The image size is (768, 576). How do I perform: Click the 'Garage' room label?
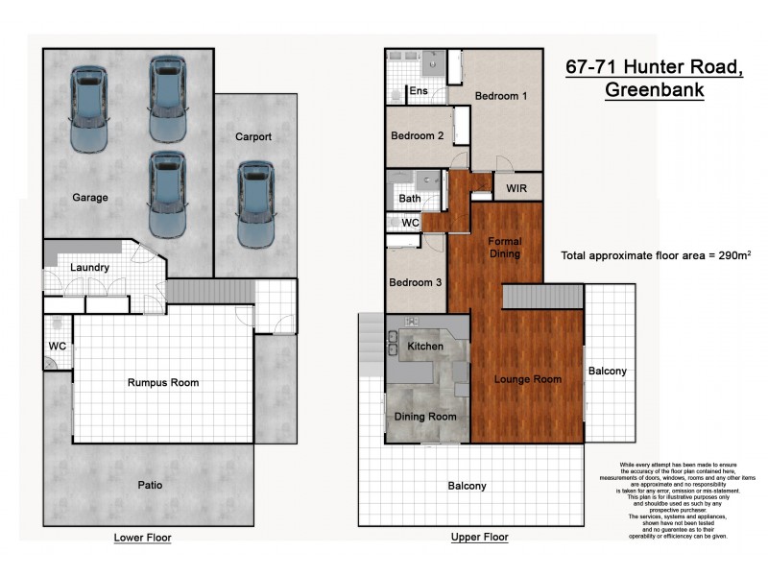point(89,198)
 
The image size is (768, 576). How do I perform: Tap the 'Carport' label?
point(253,137)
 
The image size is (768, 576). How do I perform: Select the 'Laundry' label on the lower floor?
point(89,268)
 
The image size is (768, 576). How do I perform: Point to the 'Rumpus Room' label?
point(163,382)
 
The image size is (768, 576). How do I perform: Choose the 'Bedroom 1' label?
point(500,96)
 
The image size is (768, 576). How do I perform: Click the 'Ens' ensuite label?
point(419,92)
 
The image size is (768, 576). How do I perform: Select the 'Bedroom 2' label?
point(417,136)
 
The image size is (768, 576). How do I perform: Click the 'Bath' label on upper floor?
point(409,199)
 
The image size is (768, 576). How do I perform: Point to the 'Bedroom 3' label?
point(416,283)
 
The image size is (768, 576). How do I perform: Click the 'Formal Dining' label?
point(504,248)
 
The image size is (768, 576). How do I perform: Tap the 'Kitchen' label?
point(425,346)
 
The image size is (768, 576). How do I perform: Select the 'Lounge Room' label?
point(528,379)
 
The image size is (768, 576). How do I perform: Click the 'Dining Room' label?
point(425,417)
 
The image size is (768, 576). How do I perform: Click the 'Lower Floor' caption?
point(142,538)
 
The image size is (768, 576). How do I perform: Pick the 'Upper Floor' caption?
point(479,538)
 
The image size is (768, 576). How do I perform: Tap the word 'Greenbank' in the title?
point(654,91)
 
